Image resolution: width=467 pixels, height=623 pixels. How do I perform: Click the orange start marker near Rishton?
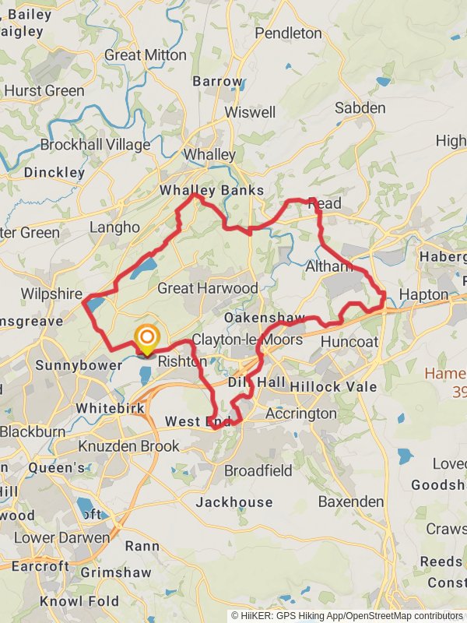[146, 338]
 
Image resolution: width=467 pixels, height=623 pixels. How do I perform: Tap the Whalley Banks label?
[212, 191]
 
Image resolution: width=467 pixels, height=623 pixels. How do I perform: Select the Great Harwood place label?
[207, 288]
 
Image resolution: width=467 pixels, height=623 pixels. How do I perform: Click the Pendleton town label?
[288, 33]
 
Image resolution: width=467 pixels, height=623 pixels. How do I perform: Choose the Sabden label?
[360, 107]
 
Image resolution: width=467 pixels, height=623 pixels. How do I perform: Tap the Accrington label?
[301, 414]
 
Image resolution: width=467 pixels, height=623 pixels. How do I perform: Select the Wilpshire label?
[51, 294]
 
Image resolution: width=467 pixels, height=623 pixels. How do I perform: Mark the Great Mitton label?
[145, 55]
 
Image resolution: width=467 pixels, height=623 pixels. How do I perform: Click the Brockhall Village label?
[95, 145]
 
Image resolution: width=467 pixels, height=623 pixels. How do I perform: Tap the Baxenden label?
[351, 502]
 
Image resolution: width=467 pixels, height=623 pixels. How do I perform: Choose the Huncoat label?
[349, 341]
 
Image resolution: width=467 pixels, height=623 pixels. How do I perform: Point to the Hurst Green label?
[44, 91]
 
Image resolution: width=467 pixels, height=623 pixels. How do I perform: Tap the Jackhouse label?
[234, 502]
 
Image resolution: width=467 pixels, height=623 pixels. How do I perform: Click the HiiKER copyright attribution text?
[346, 615]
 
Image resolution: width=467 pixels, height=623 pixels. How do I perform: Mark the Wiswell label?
[250, 112]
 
